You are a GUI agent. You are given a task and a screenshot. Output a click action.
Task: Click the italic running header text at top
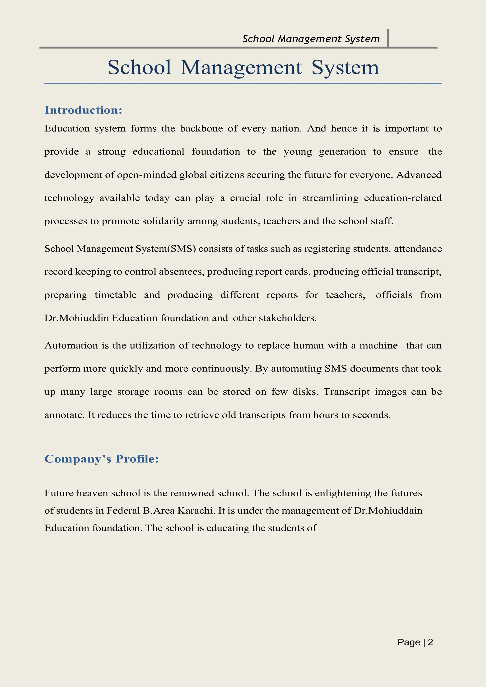[x=311, y=39]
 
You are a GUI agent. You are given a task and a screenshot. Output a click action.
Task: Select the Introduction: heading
[x=83, y=110]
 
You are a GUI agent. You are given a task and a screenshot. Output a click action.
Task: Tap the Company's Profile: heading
[x=101, y=459]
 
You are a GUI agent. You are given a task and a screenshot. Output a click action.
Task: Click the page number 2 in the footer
[x=430, y=642]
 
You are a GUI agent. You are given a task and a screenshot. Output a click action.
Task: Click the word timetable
[x=116, y=295]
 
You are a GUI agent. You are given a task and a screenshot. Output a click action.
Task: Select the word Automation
[x=71, y=346]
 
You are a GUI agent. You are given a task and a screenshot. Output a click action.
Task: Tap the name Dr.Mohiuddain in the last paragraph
[x=388, y=510]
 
